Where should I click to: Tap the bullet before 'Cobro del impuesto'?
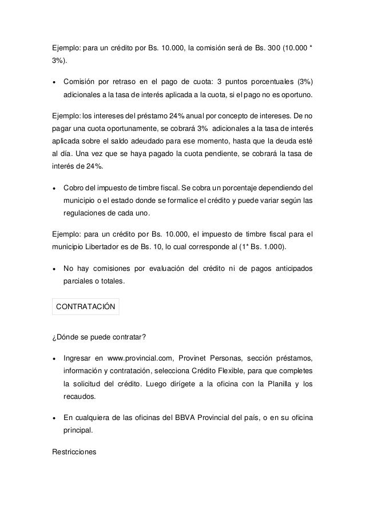(x=54, y=188)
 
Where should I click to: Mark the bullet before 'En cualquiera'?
(x=54, y=416)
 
